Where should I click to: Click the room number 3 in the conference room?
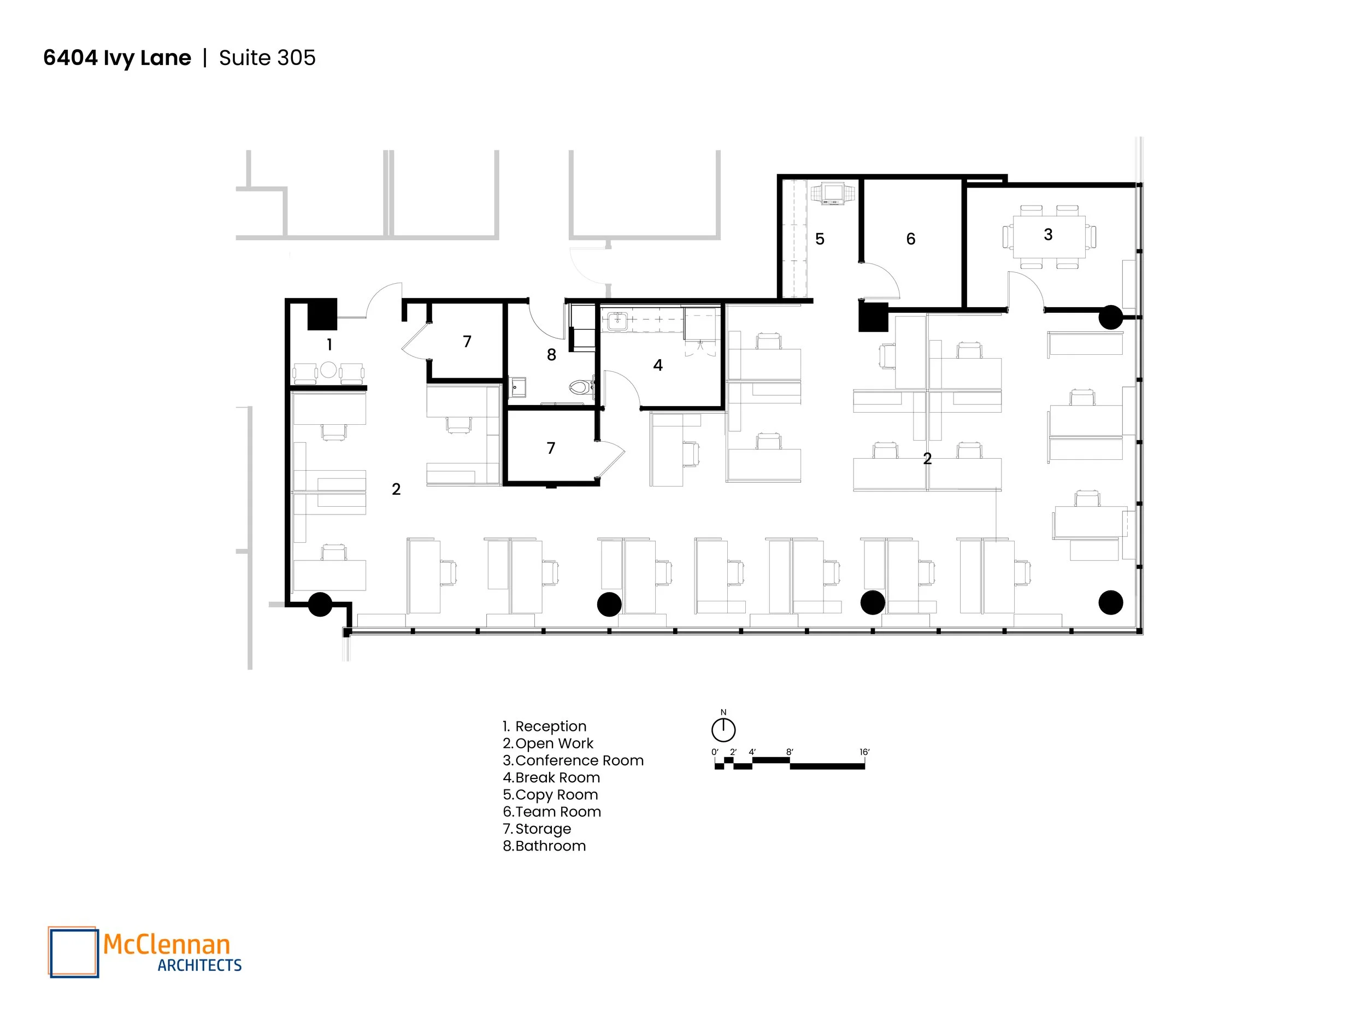click(1048, 235)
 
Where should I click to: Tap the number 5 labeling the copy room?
click(820, 239)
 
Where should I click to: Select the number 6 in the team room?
click(910, 239)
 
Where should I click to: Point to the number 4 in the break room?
click(658, 366)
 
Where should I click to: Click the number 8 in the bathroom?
click(551, 355)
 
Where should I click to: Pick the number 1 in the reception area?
click(329, 345)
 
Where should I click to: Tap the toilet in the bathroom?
click(579, 388)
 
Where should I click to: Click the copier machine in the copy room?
click(834, 193)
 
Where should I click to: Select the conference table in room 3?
click(1049, 237)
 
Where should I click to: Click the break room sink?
click(617, 321)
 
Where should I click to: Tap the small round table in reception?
click(328, 370)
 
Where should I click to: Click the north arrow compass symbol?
click(723, 730)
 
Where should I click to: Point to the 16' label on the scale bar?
click(864, 752)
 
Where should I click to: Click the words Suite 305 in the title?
click(267, 58)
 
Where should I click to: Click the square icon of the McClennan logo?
click(73, 952)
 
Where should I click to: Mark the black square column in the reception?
click(322, 314)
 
